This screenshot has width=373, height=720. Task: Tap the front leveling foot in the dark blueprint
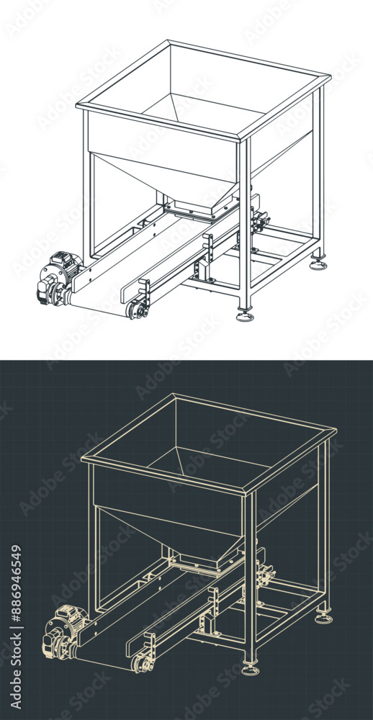[x=251, y=670]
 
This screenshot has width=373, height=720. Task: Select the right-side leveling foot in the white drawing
[x=318, y=264]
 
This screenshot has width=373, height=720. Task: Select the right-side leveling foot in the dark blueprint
[x=323, y=618]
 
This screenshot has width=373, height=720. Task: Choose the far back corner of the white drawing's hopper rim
[x=168, y=42]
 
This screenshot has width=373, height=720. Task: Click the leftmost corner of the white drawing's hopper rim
[x=78, y=106]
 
